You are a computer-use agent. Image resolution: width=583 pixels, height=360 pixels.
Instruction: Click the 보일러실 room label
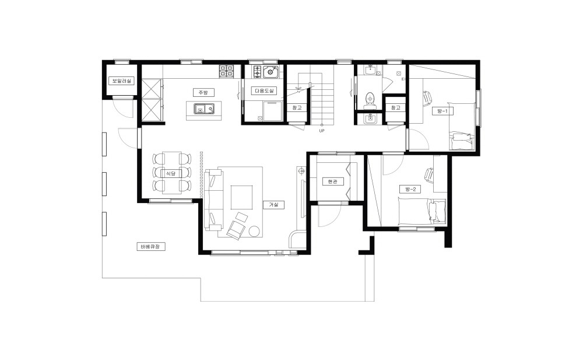pyautogui.click(x=121, y=81)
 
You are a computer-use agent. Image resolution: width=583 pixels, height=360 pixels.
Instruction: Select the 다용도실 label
pyautogui.click(x=265, y=91)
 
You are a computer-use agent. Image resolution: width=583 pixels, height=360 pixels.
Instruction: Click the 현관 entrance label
pyautogui.click(x=333, y=181)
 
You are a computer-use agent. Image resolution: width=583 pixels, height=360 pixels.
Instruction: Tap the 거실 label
pyautogui.click(x=273, y=205)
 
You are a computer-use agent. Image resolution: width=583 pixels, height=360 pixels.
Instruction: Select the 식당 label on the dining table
pyautogui.click(x=170, y=173)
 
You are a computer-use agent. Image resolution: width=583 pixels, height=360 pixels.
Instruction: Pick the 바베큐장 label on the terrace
pyautogui.click(x=151, y=246)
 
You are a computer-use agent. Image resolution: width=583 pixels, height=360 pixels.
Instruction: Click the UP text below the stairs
pyautogui.click(x=322, y=131)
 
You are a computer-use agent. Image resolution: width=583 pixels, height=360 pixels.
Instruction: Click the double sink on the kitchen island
pyautogui.click(x=204, y=109)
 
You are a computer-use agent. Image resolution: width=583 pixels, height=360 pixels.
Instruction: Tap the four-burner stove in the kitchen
pyautogui.click(x=226, y=71)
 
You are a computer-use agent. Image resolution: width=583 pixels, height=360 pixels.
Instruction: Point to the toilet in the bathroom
pyautogui.click(x=370, y=99)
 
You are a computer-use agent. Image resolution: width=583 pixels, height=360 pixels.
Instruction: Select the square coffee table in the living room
pyautogui.click(x=242, y=197)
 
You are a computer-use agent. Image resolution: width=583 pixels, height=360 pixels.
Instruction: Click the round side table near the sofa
pyautogui.click(x=255, y=231)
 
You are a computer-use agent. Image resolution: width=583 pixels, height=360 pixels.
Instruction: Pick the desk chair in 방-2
pyautogui.click(x=429, y=174)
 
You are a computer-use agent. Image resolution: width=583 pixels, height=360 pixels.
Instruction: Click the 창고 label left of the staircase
pyautogui.click(x=297, y=107)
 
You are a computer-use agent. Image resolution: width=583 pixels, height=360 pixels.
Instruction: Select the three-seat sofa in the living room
pyautogui.click(x=213, y=200)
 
